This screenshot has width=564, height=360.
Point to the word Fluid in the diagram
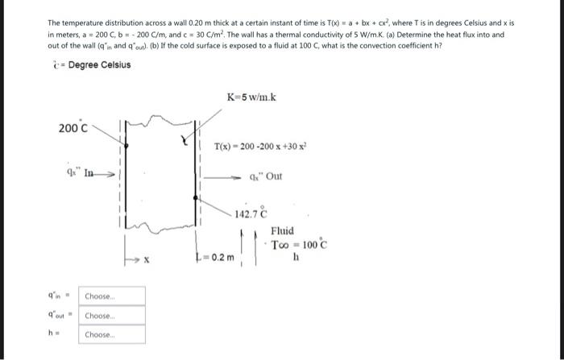[x=284, y=230]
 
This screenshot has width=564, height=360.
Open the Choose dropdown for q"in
[x=113, y=296]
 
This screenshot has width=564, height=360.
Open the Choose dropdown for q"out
[x=113, y=316]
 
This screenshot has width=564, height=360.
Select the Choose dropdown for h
[x=113, y=335]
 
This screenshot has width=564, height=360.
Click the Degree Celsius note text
[x=95, y=64]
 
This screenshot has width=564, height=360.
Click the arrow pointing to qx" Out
[x=226, y=176]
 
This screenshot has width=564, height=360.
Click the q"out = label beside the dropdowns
[x=62, y=316]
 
